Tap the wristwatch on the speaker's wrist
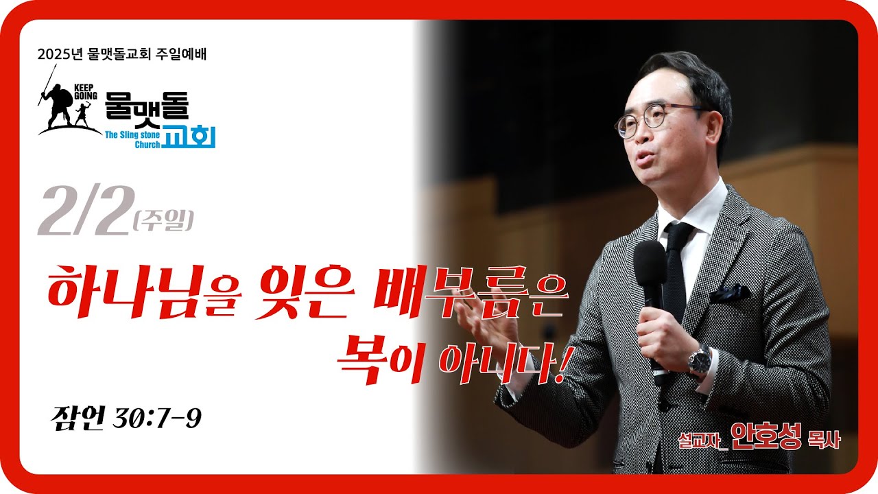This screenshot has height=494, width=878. [699, 361]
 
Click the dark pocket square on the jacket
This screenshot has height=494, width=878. [730, 293]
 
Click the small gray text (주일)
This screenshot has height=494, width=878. [163, 221]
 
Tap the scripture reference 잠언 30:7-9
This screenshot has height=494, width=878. [126, 418]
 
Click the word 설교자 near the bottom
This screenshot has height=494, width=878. [703, 440]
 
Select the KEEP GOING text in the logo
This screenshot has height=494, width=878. [86, 91]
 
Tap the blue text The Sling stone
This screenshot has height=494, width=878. [132, 135]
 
